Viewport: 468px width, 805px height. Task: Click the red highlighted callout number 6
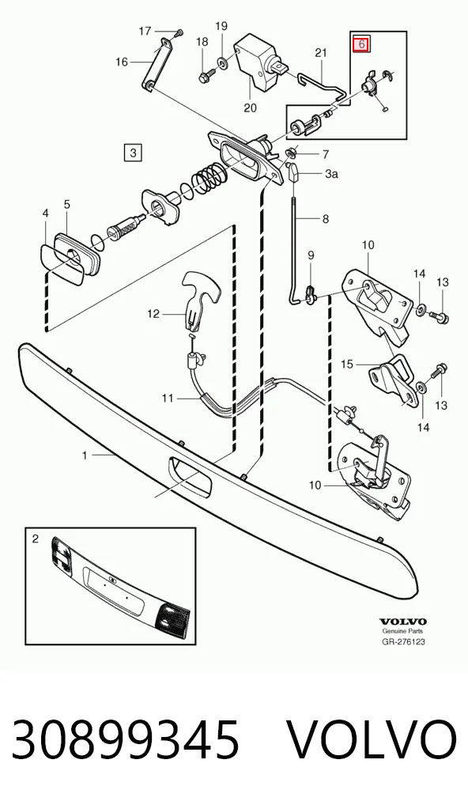point(361,44)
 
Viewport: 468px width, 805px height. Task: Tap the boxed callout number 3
point(133,153)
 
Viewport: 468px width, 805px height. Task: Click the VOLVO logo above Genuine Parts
point(403,622)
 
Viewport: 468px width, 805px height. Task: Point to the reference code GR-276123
point(403,642)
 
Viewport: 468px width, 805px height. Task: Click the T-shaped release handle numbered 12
point(201,299)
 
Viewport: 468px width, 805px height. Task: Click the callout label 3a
point(331,174)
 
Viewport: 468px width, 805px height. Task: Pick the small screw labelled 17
point(178,33)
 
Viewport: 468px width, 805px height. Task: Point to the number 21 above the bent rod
point(321,52)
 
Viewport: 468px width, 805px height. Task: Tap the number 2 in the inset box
point(35,539)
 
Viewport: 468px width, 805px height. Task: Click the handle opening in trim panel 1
point(188,475)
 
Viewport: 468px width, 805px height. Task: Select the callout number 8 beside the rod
point(326,219)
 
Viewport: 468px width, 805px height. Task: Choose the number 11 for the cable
point(168,398)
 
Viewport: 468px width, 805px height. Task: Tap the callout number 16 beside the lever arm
point(122,62)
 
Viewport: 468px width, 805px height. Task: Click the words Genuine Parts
point(403,632)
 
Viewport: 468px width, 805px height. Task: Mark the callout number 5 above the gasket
point(66,204)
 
